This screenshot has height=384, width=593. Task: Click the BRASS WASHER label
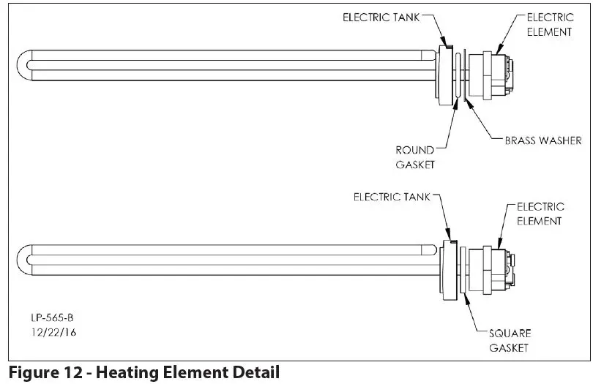pyautogui.click(x=542, y=140)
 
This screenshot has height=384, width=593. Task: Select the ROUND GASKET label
pyautogui.click(x=415, y=157)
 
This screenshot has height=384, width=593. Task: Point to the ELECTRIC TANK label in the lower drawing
pyautogui.click(x=391, y=197)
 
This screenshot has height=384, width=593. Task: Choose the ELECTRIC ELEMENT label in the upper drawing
pyautogui.click(x=549, y=24)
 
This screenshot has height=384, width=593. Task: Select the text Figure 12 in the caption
pyautogui.click(x=36, y=373)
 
